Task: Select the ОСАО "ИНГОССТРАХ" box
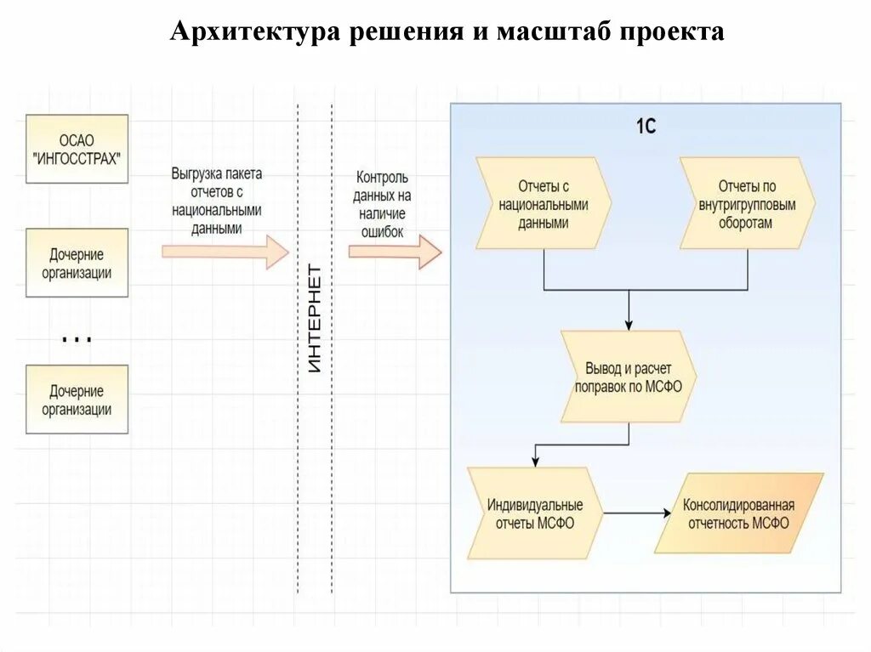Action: click(x=77, y=149)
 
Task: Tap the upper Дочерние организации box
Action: click(x=77, y=263)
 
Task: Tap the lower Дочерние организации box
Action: click(x=77, y=400)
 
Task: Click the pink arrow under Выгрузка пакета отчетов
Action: click(x=225, y=251)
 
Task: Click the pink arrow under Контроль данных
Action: click(x=395, y=251)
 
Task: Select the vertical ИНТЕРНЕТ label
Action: click(x=315, y=319)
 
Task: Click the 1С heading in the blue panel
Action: click(x=646, y=127)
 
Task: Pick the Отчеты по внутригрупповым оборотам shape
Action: click(x=747, y=204)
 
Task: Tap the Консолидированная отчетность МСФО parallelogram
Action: click(x=738, y=513)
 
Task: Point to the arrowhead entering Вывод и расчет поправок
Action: click(x=629, y=324)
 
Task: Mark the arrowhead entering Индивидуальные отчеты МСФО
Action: click(x=535, y=460)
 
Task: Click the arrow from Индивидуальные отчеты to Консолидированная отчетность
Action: click(x=634, y=513)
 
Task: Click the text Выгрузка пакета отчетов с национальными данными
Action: click(x=217, y=201)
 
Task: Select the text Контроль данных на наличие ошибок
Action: click(x=382, y=204)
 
